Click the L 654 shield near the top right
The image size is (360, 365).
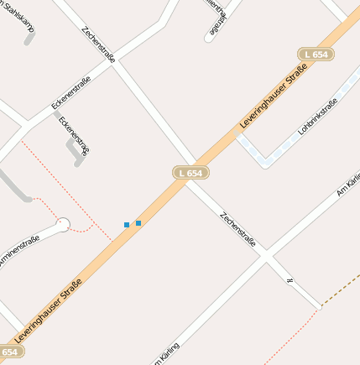coord(316,55)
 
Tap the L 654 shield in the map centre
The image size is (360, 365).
coord(190,173)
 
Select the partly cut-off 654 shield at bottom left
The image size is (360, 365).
coord(8,352)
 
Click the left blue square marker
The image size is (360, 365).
coord(127,225)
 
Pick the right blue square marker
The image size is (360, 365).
coord(138,223)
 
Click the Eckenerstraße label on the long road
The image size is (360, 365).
coord(76,93)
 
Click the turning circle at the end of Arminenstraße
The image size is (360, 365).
coord(63,224)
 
